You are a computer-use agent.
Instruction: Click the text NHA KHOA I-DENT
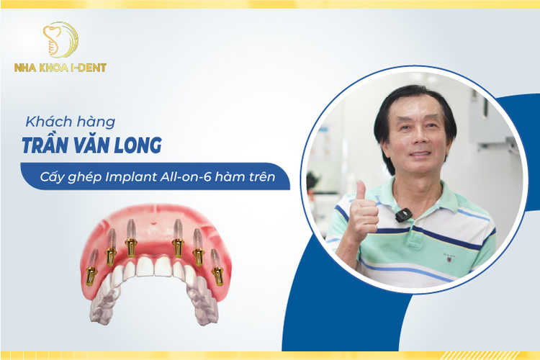(x=60, y=68)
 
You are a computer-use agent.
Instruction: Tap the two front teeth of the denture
(x=154, y=266)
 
